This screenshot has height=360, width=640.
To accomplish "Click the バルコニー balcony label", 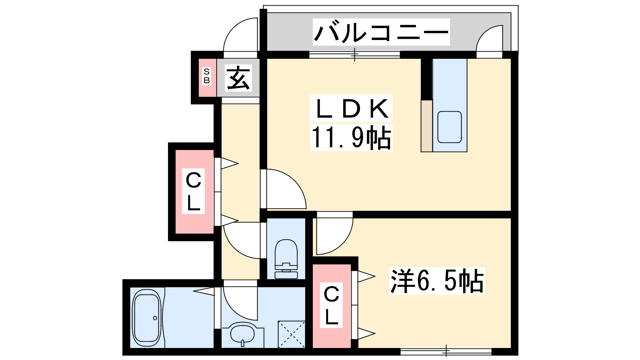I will pos(381,32).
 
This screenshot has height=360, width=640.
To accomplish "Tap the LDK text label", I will pos(351,108).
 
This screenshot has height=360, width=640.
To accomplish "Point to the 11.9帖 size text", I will pos(351,138).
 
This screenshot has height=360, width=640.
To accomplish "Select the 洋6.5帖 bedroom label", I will pos(437,281).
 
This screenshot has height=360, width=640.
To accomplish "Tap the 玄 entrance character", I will pos(238,78).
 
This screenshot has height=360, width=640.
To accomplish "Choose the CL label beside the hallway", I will pos(194,191).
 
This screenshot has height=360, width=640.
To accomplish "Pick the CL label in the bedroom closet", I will pos(332,305).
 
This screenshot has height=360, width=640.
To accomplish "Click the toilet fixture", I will pos(286,258).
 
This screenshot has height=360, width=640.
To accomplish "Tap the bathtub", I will pos(146,318).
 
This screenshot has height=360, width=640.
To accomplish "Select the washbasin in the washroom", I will pos(242,334).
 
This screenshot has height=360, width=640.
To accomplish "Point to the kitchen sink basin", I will pos(450,127).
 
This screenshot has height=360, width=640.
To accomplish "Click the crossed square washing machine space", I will pos(292,334).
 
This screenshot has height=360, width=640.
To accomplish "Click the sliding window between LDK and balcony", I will pos(354,55).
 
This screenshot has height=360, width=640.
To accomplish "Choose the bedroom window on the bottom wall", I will pos(446,352).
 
